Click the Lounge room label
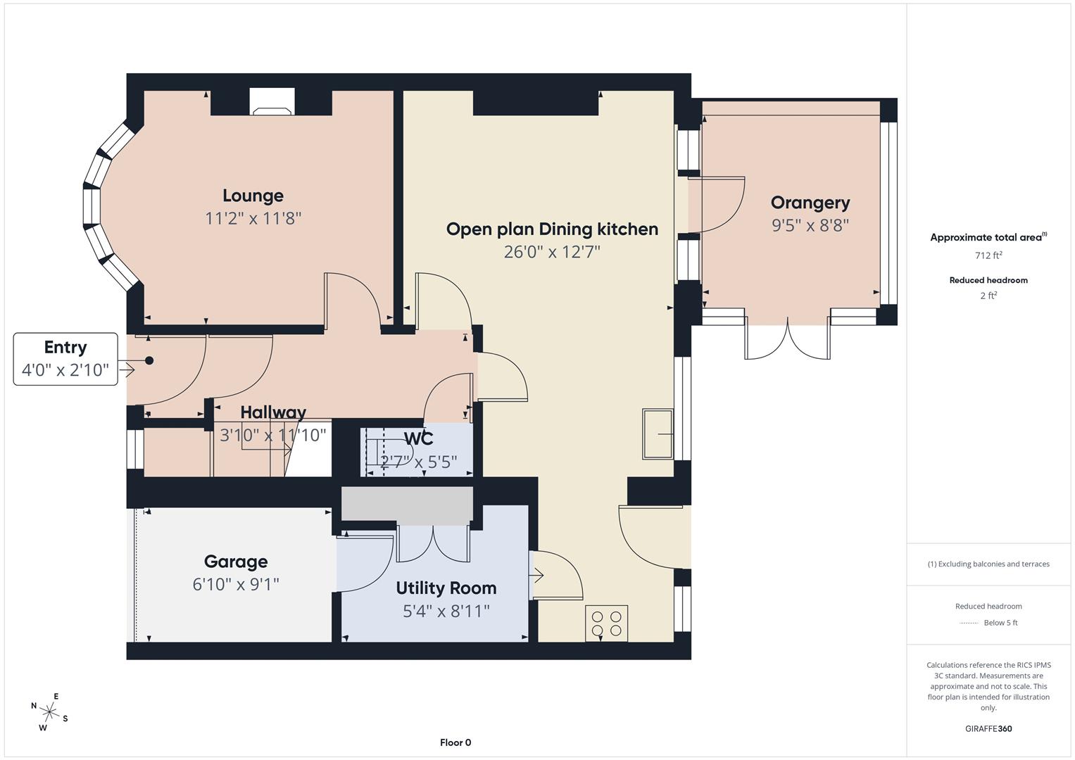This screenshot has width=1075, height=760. (x=253, y=196)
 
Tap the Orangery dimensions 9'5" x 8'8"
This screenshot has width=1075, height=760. (x=810, y=225)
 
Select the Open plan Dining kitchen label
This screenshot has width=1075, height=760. (x=552, y=229)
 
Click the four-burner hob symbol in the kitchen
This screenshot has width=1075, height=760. (x=606, y=623)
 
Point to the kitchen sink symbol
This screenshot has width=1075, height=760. (x=658, y=433)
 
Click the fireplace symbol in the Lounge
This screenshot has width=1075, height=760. (x=272, y=103)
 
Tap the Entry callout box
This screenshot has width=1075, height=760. (x=65, y=359)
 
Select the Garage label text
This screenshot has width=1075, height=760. (x=236, y=562)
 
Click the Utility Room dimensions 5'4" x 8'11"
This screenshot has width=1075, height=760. (x=446, y=611)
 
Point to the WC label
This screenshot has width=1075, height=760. (x=419, y=438)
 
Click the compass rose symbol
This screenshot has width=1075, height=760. (x=49, y=711)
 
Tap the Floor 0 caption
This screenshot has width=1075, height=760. (x=455, y=742)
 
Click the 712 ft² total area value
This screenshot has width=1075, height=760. (x=988, y=255)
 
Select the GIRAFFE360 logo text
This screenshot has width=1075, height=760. (x=988, y=728)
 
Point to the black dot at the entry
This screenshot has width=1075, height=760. (x=149, y=360)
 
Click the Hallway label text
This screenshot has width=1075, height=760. (x=273, y=412)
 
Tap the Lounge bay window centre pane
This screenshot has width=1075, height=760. (x=92, y=205)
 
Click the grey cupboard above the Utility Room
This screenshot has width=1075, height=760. (x=407, y=505)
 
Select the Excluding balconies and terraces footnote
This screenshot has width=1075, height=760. (x=988, y=564)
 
